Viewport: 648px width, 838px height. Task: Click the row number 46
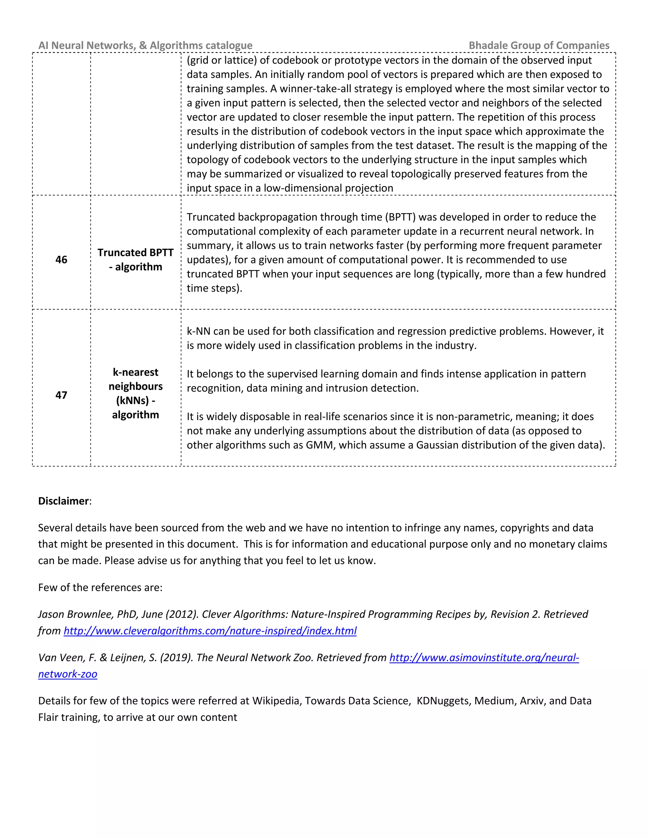[x=61, y=260]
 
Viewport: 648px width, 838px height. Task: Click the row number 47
[x=61, y=395]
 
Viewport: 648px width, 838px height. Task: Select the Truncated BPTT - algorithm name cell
[x=135, y=260]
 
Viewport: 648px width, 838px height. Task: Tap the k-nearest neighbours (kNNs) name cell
[x=135, y=393]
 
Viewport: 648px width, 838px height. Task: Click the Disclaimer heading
[x=64, y=501]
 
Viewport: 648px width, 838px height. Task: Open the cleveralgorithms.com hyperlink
[x=210, y=631]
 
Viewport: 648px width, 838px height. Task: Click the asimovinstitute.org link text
[x=484, y=658]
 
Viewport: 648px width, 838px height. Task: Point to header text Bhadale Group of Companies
[x=539, y=45]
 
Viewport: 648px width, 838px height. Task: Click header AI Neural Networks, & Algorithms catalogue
[x=146, y=45]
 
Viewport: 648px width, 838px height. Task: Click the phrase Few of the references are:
[x=100, y=588]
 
